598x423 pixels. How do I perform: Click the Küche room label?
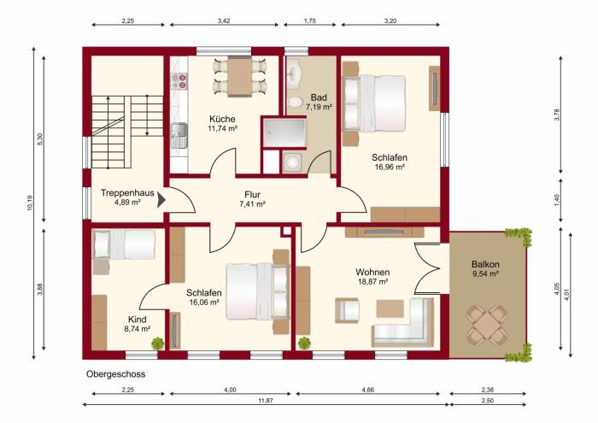(221, 119)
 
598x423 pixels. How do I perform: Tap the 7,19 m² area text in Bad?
(320, 108)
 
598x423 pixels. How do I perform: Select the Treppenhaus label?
(126, 193)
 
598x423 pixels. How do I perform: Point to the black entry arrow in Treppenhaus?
(161, 199)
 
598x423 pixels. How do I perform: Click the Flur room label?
(251, 193)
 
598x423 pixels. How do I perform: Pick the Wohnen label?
(372, 271)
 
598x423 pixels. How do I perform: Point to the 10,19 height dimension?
(28, 203)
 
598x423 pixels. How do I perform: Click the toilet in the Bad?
(296, 103)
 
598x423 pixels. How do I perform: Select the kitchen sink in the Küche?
(179, 131)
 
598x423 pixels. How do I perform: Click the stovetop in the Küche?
(179, 81)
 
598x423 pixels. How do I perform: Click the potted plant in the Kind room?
(158, 344)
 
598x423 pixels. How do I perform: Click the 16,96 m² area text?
(389, 168)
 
